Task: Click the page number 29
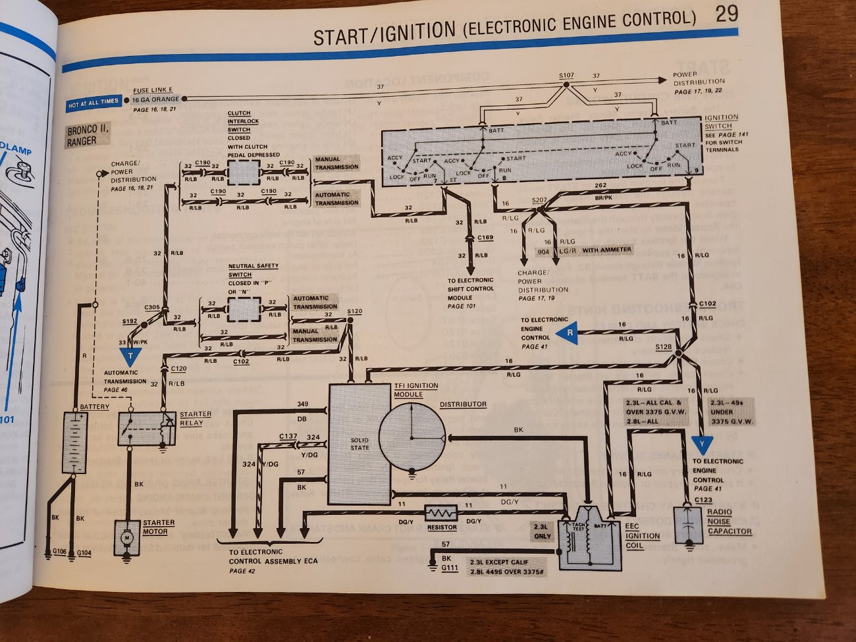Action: coord(726,14)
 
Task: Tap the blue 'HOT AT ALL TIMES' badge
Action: coord(94,102)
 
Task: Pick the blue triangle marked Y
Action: coord(702,444)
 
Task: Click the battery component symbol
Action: coord(74,442)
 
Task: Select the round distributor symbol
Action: coord(412,437)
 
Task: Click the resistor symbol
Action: coord(441,513)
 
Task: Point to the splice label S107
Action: coord(566,76)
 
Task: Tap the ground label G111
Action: coord(450,568)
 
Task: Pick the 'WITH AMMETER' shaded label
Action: coord(606,250)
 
